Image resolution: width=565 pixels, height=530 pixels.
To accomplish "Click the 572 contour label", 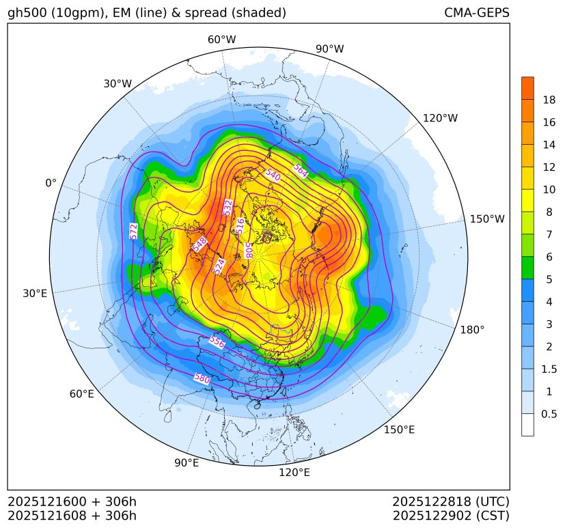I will [133, 231].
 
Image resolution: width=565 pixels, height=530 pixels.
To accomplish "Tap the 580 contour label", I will [202, 378].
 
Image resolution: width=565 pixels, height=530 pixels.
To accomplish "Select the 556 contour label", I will [217, 341].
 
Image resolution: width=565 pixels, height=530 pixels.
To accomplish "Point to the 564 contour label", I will [301, 171].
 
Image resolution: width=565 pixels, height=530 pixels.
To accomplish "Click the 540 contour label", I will [273, 174].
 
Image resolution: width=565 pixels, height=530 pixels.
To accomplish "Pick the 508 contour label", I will [249, 251].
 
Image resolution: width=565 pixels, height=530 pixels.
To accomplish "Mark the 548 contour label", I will [199, 244].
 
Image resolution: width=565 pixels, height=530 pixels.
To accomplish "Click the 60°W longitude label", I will [221, 40].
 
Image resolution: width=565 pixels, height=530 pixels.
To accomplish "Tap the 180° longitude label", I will [472, 330].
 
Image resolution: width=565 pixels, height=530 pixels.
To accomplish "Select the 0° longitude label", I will [51, 183].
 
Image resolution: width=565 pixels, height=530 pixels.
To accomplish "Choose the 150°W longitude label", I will [487, 219].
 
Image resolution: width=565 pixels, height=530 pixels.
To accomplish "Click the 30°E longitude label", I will [35, 294].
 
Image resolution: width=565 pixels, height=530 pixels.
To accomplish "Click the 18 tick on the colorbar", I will [549, 100].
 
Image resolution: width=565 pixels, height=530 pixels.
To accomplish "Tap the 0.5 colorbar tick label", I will [549, 414].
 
